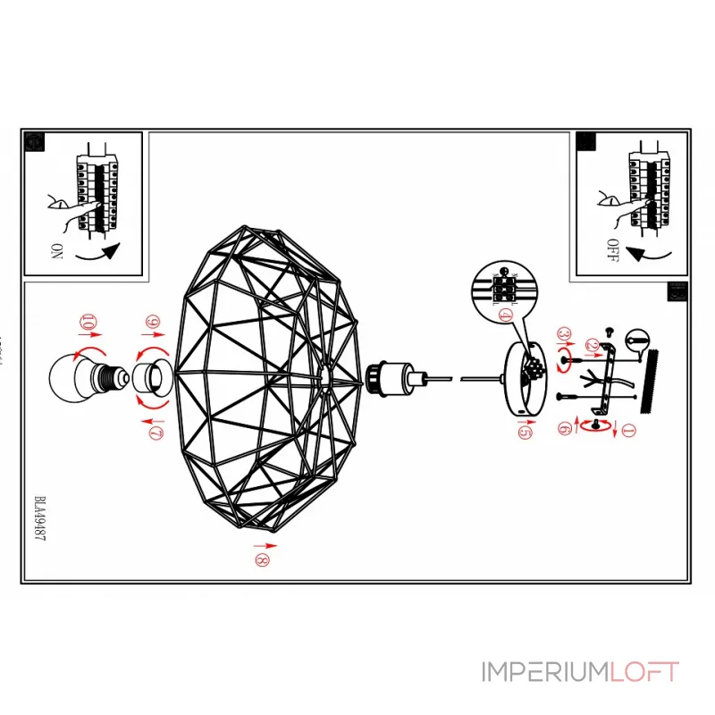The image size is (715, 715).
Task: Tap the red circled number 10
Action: pos(87,322)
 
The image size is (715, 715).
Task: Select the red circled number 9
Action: pos(153,322)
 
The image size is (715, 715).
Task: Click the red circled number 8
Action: pos(260,560)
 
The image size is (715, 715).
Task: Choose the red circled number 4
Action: pos(506,315)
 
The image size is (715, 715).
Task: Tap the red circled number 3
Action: pos(564,334)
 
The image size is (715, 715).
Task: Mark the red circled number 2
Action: pos(592,344)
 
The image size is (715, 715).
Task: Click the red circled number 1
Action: pos(627,433)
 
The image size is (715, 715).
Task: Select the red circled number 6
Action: pos(564,429)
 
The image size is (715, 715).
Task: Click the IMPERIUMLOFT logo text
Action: pos(580,671)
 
